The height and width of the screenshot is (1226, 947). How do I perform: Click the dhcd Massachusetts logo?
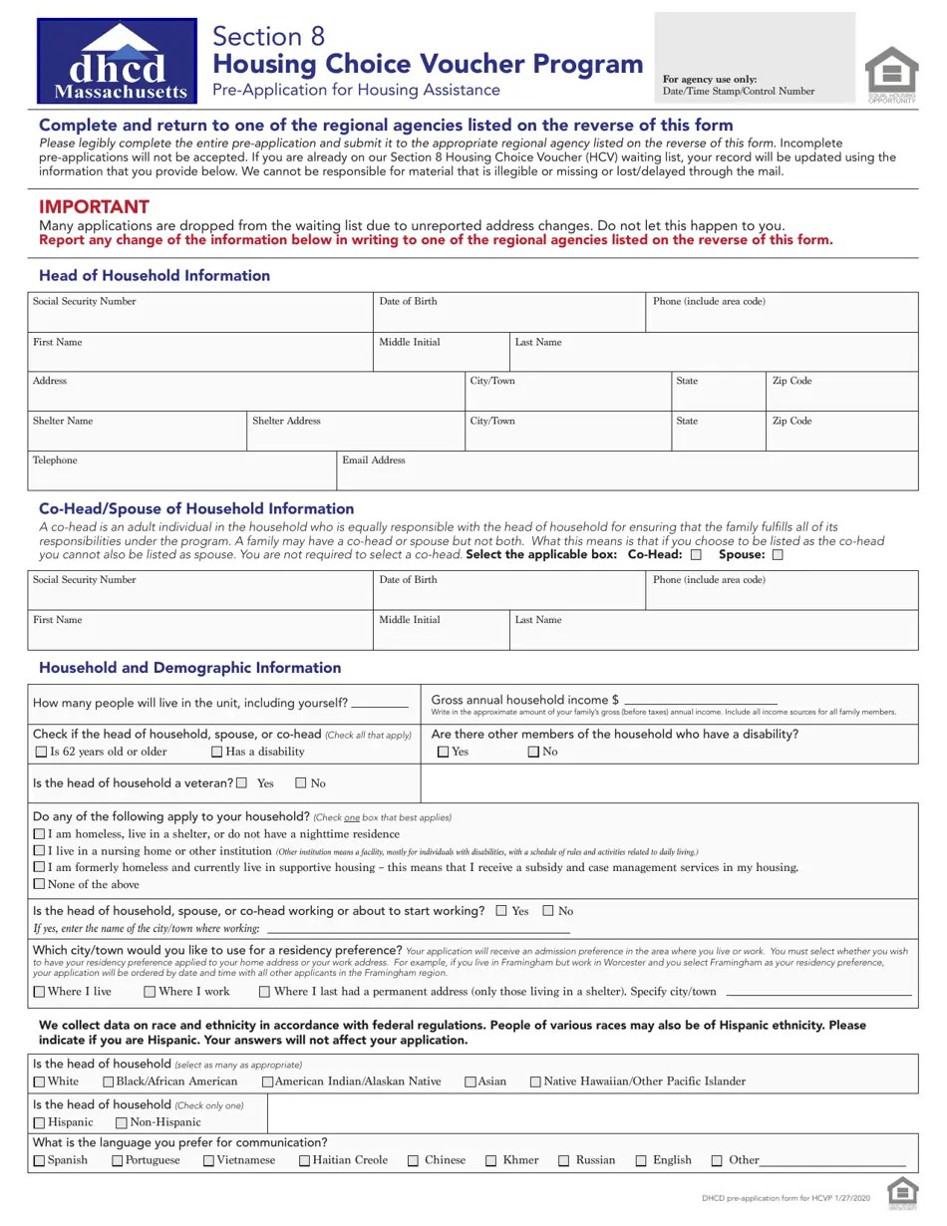117,61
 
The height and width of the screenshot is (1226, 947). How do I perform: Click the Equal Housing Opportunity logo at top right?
891,73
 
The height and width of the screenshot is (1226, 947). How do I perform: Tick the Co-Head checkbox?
696,555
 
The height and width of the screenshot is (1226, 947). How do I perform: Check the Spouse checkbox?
778,555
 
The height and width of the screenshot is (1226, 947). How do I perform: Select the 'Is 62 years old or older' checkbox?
41,753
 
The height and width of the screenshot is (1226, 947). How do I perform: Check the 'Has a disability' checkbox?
216,753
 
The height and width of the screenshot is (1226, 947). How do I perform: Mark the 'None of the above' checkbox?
40,884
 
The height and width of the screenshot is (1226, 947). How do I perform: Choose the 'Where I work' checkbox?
150,992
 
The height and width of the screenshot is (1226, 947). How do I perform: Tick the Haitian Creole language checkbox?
304,1160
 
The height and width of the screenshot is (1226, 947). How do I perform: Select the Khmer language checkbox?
491,1160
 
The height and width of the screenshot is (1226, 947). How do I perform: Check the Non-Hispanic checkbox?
122,1123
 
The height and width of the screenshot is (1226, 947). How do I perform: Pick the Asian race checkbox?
471,1081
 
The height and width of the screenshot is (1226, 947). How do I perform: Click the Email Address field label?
374,460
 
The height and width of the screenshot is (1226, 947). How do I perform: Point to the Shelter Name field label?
62,421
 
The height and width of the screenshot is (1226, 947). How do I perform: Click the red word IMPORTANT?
94,207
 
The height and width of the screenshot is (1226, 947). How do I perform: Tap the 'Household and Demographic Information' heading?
189,668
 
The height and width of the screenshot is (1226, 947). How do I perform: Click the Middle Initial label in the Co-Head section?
409,620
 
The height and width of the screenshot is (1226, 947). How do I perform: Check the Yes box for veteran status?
242,783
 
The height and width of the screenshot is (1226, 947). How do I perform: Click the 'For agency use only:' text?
710,79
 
